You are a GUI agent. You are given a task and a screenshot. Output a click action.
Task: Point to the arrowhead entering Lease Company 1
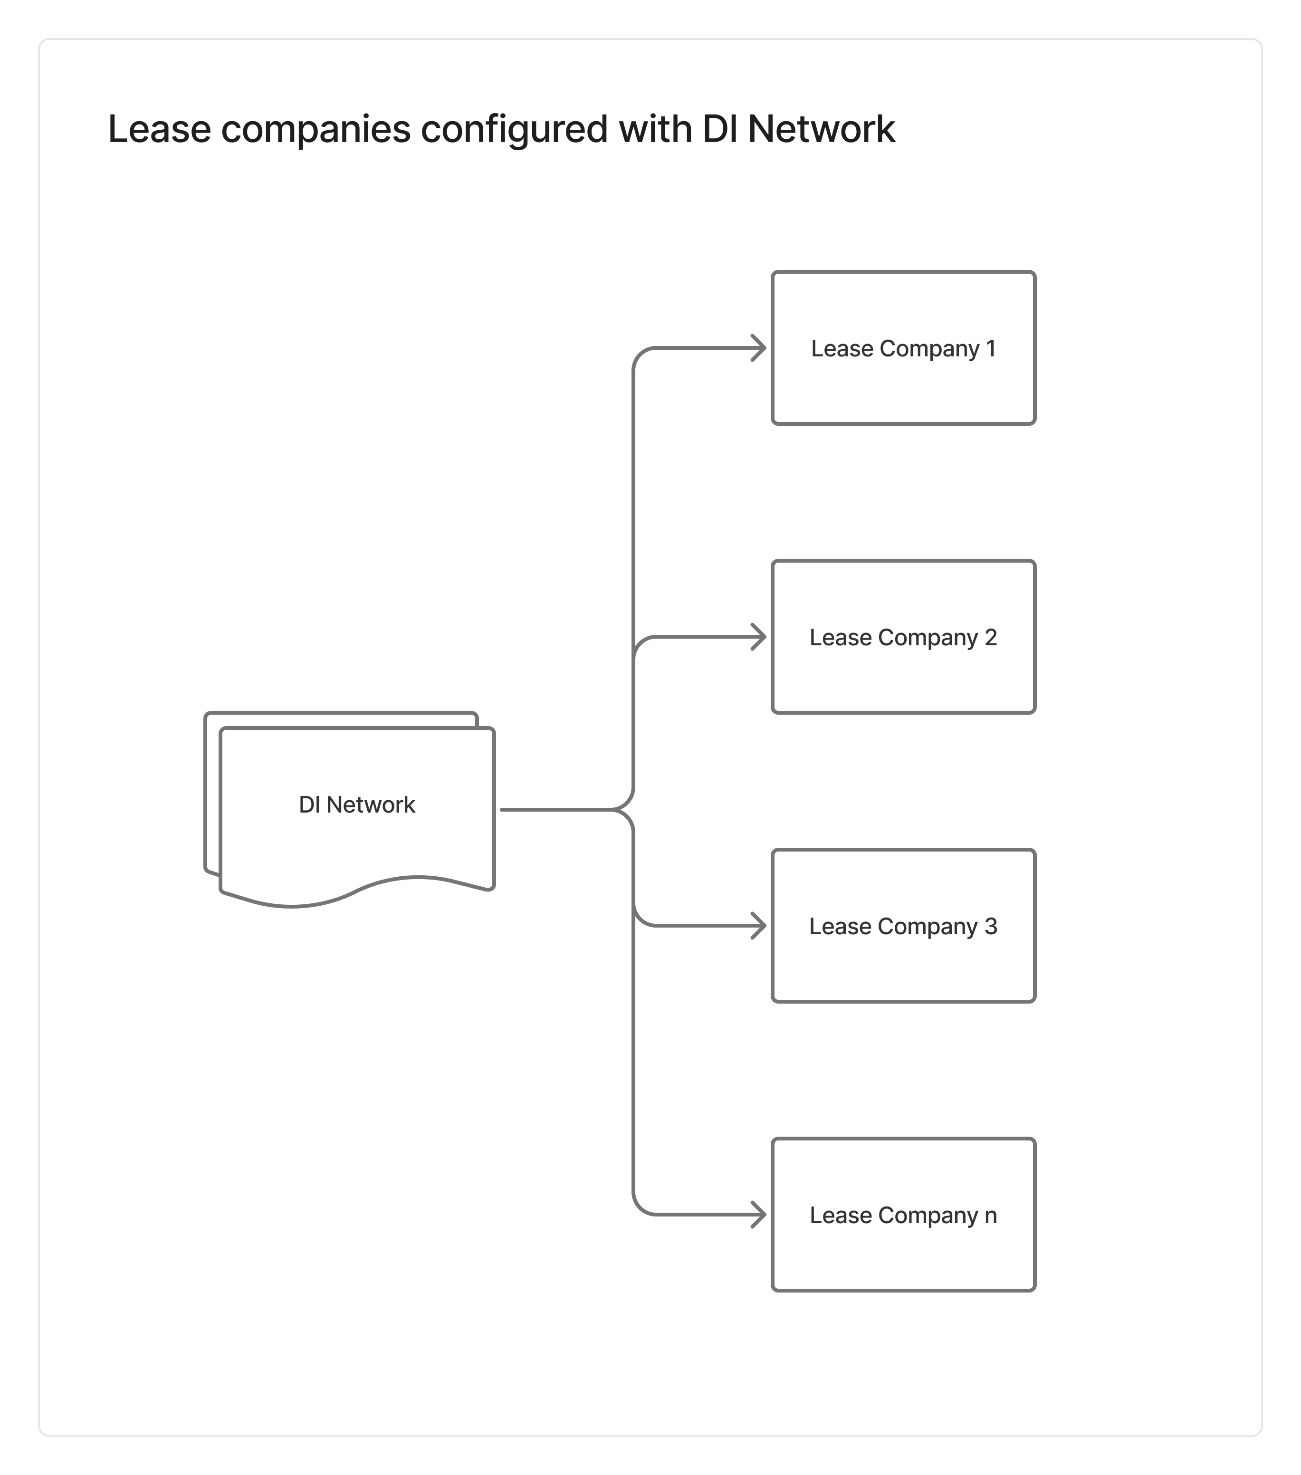coord(759,348)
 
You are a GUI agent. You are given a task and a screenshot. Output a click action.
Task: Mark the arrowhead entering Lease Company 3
coord(759,926)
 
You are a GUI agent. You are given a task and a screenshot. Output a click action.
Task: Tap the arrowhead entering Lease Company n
coord(759,1215)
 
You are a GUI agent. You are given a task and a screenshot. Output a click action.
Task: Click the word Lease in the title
coord(159,130)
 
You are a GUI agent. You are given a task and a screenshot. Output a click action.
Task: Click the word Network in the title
coord(821,130)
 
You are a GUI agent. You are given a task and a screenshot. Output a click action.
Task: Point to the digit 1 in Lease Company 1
coord(991,348)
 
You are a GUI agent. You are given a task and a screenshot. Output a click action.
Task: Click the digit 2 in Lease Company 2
coord(991,637)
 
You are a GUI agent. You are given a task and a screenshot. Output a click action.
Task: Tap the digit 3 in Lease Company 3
coord(991,926)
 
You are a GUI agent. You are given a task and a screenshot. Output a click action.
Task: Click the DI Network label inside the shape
coord(357,805)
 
